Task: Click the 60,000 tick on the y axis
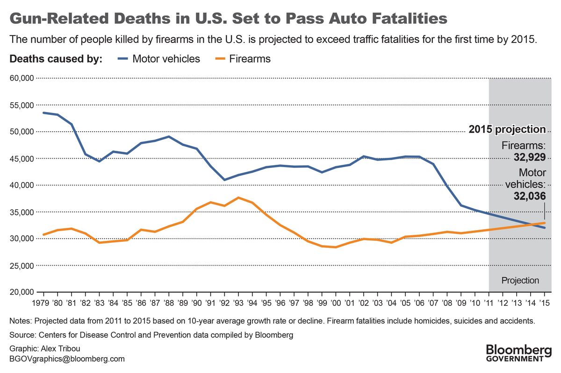(22, 78)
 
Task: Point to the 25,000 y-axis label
(22, 265)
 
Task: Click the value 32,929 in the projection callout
(530, 157)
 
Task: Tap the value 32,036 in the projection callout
(530, 197)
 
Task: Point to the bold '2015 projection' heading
(507, 130)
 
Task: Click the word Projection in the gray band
(520, 281)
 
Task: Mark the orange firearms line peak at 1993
(239, 197)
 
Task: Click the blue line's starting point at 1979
(43, 113)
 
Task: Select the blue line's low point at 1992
(225, 180)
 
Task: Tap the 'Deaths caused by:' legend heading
(56, 59)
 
